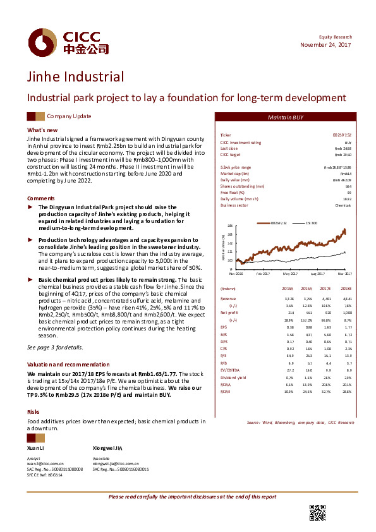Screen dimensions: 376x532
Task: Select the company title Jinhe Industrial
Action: [75, 78]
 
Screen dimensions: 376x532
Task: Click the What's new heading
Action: [42, 130]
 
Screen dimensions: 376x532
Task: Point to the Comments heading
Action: [41, 198]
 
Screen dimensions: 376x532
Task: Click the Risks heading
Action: [33, 411]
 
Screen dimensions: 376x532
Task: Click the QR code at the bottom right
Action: [317, 513]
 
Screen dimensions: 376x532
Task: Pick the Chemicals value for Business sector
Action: [343, 205]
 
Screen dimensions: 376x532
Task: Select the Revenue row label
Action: [228, 298]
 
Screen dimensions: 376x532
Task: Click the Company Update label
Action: [69, 116]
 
